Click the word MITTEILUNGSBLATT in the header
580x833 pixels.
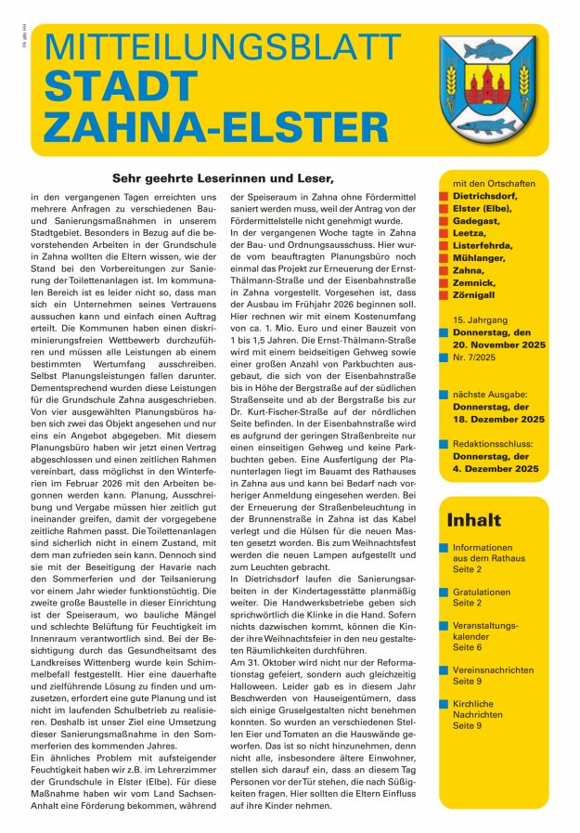pos(222,49)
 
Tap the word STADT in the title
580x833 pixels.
pos(116,86)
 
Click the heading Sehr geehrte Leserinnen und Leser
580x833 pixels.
pos(222,177)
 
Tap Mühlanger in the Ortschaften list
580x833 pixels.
pos(480,256)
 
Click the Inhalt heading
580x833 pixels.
pos(473,520)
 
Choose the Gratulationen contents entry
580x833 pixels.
pos(481,592)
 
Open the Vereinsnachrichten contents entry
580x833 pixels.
pos(493,669)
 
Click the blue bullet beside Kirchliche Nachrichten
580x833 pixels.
pos(445,703)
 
